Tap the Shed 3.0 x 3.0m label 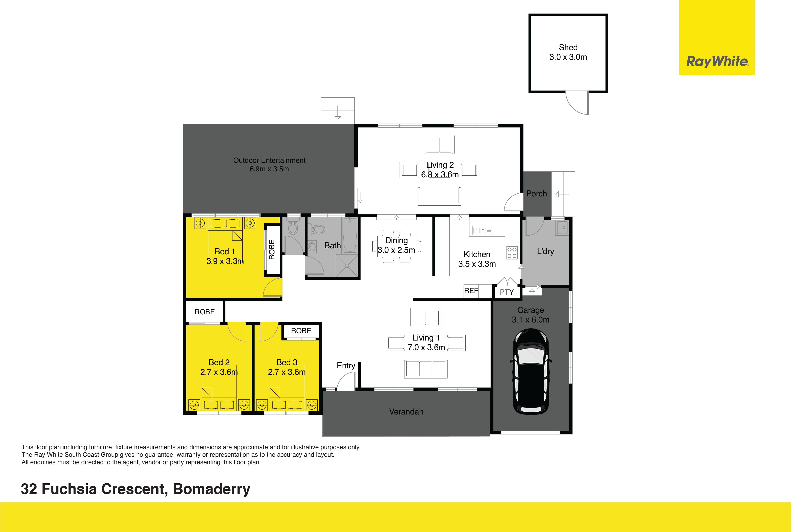pos(568,52)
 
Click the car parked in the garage pos(531,371)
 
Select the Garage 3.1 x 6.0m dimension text pos(530,315)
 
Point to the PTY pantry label pos(507,292)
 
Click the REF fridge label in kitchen pos(471,291)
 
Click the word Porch pos(536,194)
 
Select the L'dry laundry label pos(545,251)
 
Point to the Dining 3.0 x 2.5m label pos(396,245)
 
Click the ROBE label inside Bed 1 pos(272,250)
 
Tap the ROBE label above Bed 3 pos(301,331)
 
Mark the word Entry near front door pos(346,366)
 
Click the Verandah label pos(406,412)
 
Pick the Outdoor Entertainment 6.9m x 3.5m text pos(269,164)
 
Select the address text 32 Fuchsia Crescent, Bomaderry pos(136,489)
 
